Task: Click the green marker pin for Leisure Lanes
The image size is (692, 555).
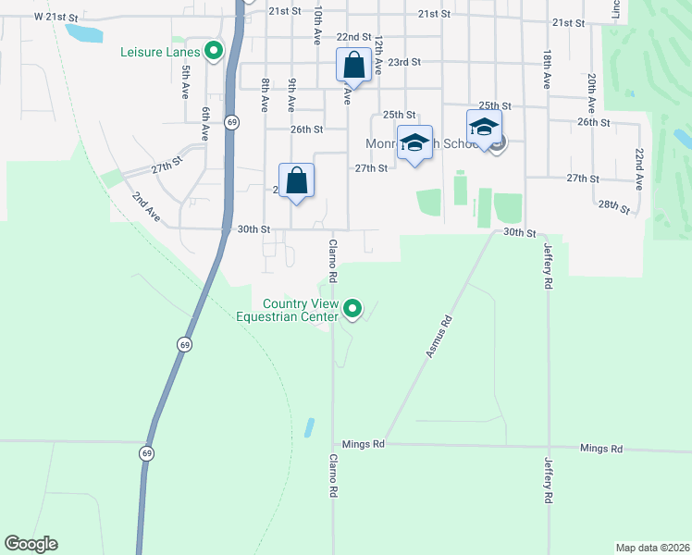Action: [215, 52]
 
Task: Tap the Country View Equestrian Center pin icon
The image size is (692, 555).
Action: [352, 309]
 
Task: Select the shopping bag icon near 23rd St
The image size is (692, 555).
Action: [353, 66]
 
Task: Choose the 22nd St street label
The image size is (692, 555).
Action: [353, 36]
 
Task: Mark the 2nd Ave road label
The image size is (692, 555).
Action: [145, 206]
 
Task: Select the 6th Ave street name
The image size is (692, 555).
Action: [207, 121]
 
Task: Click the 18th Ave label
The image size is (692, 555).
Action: [547, 69]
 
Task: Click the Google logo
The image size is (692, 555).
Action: [31, 544]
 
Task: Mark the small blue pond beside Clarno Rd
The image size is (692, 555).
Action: [308, 427]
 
